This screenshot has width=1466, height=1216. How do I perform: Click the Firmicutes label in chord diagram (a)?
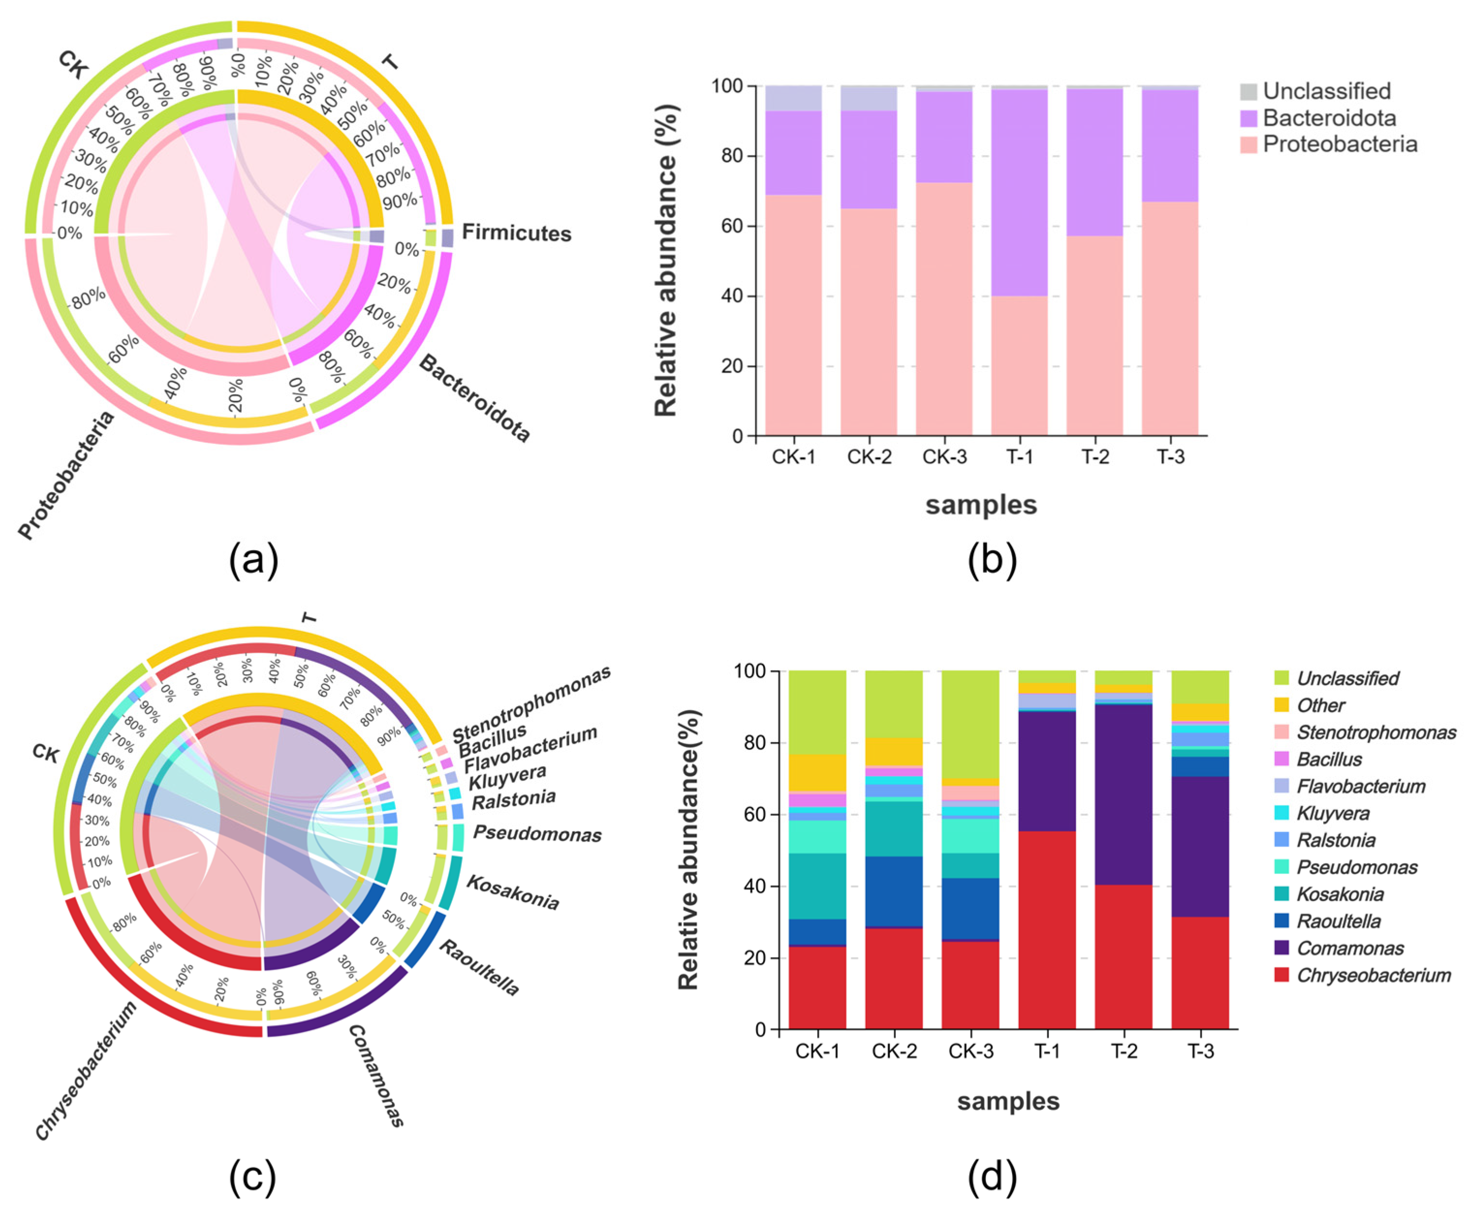(516, 233)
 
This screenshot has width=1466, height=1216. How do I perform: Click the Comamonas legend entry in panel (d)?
(1349, 948)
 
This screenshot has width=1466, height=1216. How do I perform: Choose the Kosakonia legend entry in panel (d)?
(1340, 894)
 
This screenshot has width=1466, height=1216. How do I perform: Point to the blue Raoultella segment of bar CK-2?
(893, 891)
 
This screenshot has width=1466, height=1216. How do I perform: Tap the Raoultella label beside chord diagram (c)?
(479, 967)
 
